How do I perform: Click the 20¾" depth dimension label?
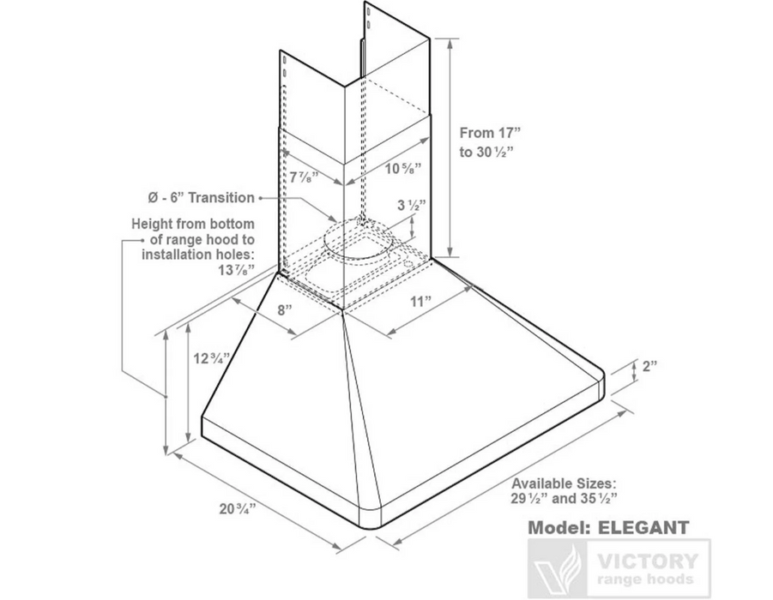[x=237, y=508]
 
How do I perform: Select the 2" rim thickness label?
[x=649, y=366]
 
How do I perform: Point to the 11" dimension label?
[x=421, y=301]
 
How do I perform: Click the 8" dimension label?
[x=285, y=310]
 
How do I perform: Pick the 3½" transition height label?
[x=411, y=205]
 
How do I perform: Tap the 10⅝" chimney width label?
[x=404, y=169]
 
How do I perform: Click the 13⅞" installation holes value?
[x=237, y=270]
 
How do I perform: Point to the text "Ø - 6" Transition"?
[x=201, y=197]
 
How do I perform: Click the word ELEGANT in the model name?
[x=643, y=528]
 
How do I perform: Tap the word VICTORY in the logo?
[x=648, y=561]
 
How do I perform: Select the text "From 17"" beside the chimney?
[x=490, y=133]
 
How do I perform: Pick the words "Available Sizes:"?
[x=564, y=483]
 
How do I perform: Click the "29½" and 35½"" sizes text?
[x=565, y=499]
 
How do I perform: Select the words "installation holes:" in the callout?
[x=198, y=255]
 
